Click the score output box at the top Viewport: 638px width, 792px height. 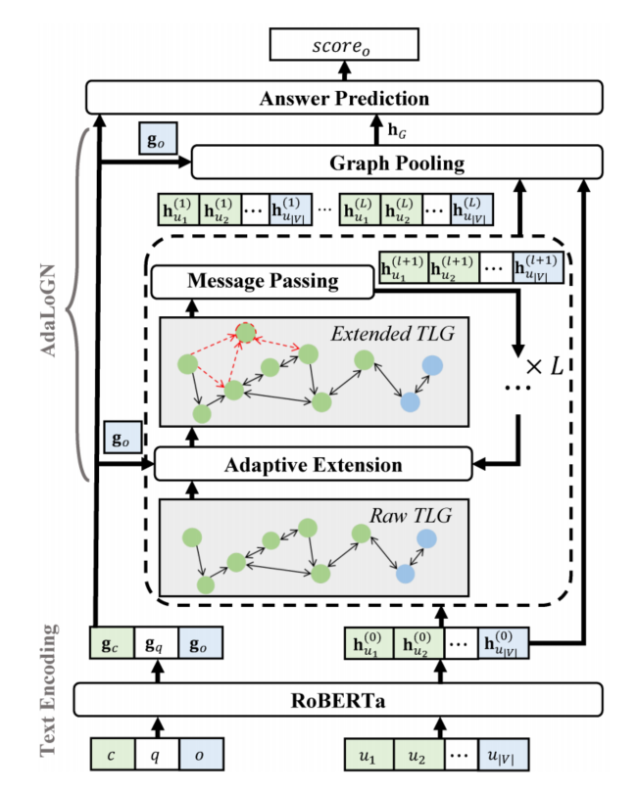tap(344, 44)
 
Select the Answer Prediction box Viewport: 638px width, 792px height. tap(344, 98)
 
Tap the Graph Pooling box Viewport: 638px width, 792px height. tap(397, 163)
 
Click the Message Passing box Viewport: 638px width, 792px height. tap(263, 281)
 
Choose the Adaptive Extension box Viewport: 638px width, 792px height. tap(313, 464)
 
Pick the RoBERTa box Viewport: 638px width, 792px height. tap(338, 700)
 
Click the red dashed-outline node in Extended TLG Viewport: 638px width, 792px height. tap(246, 332)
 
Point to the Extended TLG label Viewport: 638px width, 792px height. tap(393, 334)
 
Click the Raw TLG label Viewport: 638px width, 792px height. tap(411, 516)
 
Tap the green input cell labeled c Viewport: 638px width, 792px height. tap(113, 755)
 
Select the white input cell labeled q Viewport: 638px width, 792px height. tap(157, 755)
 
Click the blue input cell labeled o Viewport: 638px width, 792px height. tap(201, 755)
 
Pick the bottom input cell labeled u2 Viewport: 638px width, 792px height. tap(419, 755)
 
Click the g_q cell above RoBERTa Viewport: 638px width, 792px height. tap(156, 643)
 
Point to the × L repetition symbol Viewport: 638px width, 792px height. tap(545, 366)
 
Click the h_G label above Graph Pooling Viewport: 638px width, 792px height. tap(397, 131)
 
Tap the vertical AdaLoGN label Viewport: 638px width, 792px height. tap(49, 310)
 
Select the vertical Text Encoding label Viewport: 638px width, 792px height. tap(48, 690)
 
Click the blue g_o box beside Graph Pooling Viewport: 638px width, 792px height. tap(158, 138)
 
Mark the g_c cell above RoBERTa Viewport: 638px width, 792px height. tap(112, 643)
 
